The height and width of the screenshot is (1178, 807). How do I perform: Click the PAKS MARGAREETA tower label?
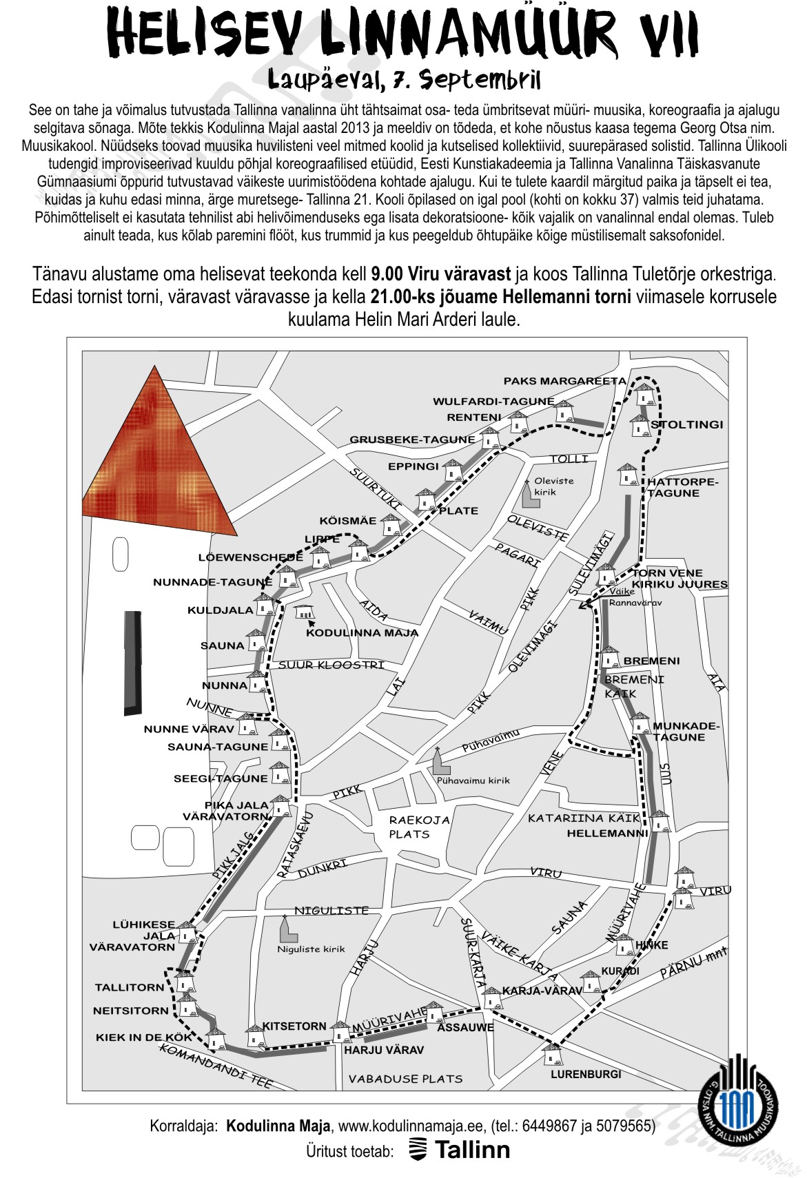point(564,381)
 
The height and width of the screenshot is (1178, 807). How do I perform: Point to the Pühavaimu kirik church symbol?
point(438,761)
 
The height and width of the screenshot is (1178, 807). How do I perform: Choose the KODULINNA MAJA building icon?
point(304,611)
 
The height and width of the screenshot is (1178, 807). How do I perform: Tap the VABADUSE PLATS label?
point(405,1079)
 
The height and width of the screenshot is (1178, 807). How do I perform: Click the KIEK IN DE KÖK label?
point(139,1037)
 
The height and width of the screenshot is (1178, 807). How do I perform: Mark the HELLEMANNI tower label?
point(607,833)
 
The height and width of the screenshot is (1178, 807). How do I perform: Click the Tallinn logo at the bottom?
point(460,1150)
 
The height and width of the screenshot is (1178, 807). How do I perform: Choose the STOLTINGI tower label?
point(687,424)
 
